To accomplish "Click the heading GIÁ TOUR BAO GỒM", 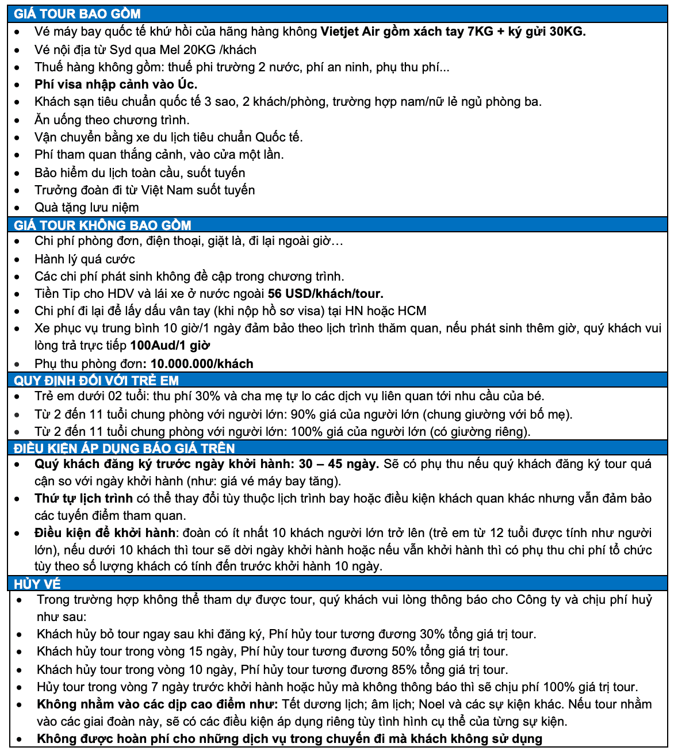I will click(x=77, y=14).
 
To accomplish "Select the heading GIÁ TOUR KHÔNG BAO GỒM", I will click(x=102, y=225).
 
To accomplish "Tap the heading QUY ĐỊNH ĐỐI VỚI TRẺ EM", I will click(x=96, y=380).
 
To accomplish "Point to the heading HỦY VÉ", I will click(x=37, y=584).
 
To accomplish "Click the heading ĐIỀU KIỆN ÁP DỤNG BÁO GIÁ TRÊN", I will click(x=124, y=448).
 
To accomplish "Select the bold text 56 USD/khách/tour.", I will click(x=325, y=294).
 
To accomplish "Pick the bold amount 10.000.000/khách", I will click(x=202, y=364).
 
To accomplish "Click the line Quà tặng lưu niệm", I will click(x=86, y=208).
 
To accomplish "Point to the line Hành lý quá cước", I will click(x=85, y=259).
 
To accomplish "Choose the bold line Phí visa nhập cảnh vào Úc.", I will click(x=116, y=85).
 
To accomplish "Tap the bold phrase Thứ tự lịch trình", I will click(x=83, y=499).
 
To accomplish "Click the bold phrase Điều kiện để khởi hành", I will click(x=105, y=533).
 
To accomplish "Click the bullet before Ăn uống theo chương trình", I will click(x=19, y=121).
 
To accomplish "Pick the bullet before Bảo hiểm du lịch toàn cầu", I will click(x=19, y=174).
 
